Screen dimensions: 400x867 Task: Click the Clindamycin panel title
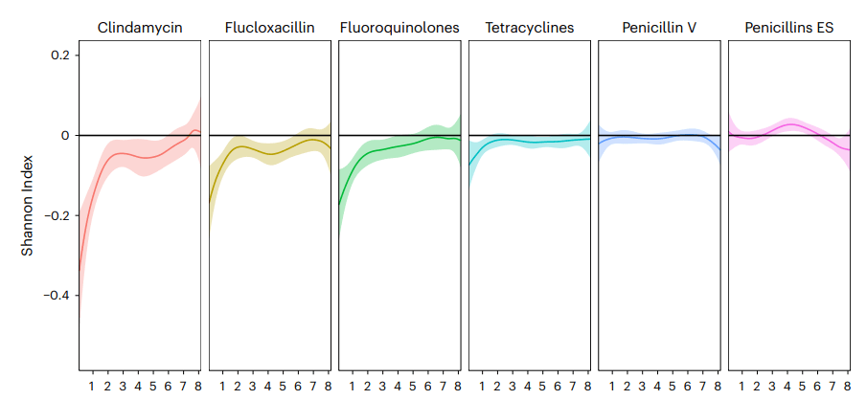[x=140, y=28]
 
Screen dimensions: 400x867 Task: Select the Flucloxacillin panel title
[x=269, y=28]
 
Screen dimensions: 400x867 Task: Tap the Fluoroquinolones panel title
[x=399, y=28]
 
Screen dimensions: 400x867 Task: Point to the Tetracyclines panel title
[x=529, y=28]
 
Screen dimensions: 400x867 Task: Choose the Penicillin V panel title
[x=658, y=28]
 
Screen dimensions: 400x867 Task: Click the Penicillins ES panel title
[x=788, y=28]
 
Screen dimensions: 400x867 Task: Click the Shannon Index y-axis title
[x=28, y=207]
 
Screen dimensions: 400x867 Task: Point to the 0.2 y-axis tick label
[x=59, y=56]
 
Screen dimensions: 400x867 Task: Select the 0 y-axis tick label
[x=64, y=136]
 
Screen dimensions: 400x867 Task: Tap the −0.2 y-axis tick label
[x=56, y=215]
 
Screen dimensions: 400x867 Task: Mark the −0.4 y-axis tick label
[x=56, y=296]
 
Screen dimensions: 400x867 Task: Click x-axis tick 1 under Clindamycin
[x=92, y=387]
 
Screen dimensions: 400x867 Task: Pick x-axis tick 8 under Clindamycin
[x=198, y=387]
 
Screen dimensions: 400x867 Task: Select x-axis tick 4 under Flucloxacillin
[x=267, y=387]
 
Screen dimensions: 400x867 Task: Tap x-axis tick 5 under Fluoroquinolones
[x=412, y=387]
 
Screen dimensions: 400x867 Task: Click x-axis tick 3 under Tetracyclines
[x=512, y=387]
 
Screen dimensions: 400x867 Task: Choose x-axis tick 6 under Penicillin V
[x=687, y=387]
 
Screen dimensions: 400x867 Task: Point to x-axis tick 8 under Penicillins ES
[x=847, y=387]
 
